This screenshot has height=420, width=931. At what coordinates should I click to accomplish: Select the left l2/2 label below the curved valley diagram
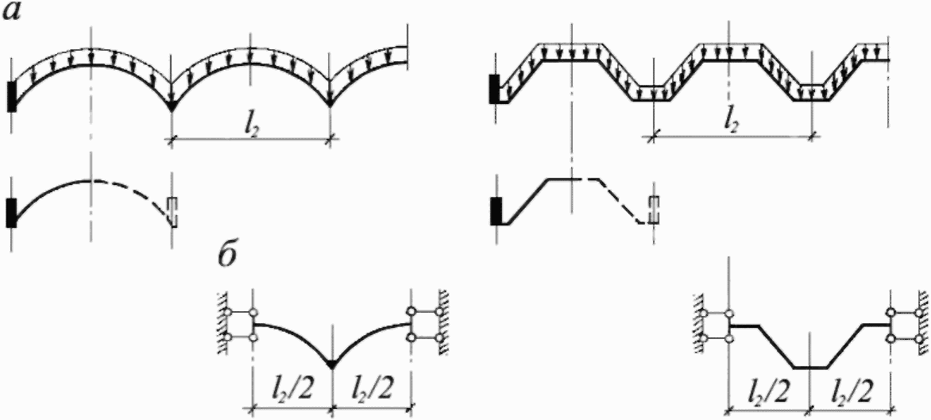point(292,391)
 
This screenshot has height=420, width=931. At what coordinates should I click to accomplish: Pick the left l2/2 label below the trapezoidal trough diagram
point(769,391)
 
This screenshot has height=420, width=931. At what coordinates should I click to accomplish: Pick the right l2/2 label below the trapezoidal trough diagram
point(851,391)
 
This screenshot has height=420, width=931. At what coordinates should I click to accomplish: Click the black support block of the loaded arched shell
point(13,95)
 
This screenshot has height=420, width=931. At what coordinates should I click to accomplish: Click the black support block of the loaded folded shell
point(495,88)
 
